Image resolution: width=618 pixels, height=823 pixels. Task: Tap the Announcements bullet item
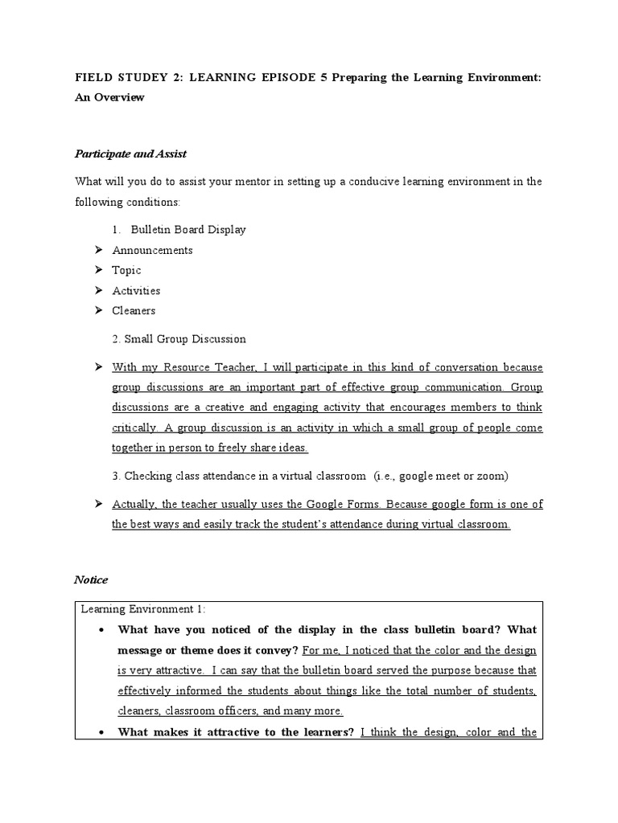(152, 250)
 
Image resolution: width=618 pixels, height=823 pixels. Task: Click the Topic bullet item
(126, 270)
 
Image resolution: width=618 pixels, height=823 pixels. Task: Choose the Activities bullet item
(136, 290)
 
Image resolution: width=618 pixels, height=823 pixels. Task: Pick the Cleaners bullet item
(134, 310)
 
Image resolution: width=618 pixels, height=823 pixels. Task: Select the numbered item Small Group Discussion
(185, 339)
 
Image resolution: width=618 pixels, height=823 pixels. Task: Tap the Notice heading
(91, 579)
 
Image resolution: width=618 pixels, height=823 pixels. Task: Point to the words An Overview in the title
(109, 97)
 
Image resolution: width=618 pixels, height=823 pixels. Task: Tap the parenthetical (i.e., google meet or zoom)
(441, 476)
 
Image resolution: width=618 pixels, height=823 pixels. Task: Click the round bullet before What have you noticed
(101, 629)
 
